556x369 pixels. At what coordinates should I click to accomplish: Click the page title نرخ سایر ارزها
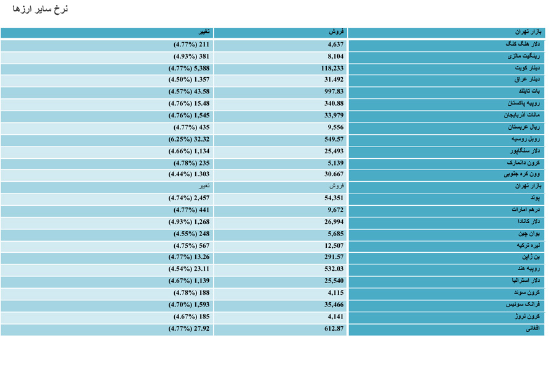pos(40,9)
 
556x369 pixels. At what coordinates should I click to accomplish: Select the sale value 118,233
pos(332,68)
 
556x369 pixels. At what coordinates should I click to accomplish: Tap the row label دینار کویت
pos(527,68)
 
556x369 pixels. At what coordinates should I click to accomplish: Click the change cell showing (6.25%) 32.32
pos(188,139)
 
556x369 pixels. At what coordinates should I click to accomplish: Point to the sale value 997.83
pos(334,91)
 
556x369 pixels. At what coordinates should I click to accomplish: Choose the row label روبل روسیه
pos(526,138)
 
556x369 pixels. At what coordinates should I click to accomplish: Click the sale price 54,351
pos(334,198)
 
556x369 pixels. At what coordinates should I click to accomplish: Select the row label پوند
pos(535,198)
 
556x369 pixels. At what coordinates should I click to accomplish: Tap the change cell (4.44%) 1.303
pos(188,174)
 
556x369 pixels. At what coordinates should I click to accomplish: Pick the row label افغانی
pos(533,328)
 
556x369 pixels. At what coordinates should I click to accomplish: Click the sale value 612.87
pos(334,329)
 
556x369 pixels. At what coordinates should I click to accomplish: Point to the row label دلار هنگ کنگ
pos(523,44)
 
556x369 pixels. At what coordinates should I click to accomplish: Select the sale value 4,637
pos(335,45)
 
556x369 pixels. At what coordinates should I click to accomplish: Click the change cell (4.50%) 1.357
pos(188,80)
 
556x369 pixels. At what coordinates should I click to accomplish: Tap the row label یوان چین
pos(529,234)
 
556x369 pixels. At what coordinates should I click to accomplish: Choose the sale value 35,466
pos(334,305)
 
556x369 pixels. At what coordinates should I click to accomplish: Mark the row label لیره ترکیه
pos(528,245)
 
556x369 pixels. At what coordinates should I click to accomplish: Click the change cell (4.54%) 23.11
pos(188,269)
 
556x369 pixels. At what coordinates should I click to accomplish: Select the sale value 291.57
pos(334,257)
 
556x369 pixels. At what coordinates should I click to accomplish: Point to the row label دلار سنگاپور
pos(525,151)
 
